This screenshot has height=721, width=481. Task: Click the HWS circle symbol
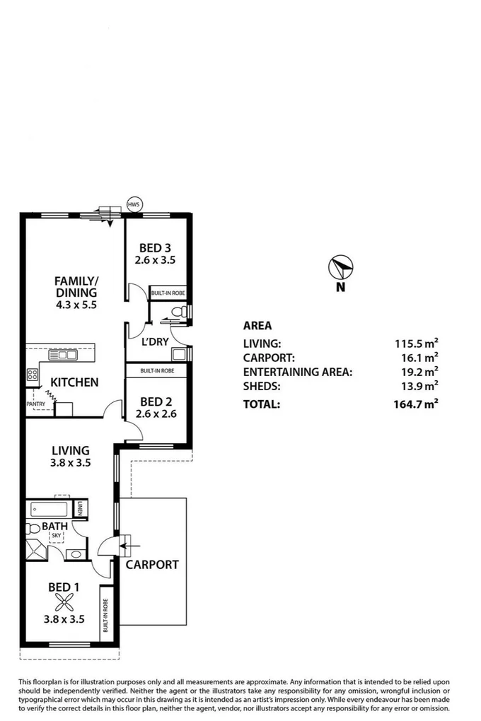pyautogui.click(x=133, y=204)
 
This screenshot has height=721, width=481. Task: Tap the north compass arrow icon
pyautogui.click(x=340, y=267)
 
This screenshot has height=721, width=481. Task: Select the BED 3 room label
pyautogui.click(x=156, y=248)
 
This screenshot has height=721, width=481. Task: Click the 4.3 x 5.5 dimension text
pyautogui.click(x=76, y=306)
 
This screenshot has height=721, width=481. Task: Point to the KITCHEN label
pyautogui.click(x=74, y=382)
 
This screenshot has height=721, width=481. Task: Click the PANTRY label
pyautogui.click(x=35, y=404)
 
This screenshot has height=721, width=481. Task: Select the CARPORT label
pyautogui.click(x=152, y=565)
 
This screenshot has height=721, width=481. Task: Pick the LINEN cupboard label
pyautogui.click(x=81, y=508)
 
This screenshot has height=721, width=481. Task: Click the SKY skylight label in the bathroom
pyautogui.click(x=55, y=536)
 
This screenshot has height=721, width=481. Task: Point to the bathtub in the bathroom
pyautogui.click(x=49, y=509)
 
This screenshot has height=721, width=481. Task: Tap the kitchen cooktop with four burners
pyautogui.click(x=33, y=375)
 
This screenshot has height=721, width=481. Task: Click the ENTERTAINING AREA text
pyautogui.click(x=297, y=371)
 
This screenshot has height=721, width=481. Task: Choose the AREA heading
pyautogui.click(x=257, y=326)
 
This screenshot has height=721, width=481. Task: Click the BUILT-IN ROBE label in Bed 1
pyautogui.click(x=105, y=614)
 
